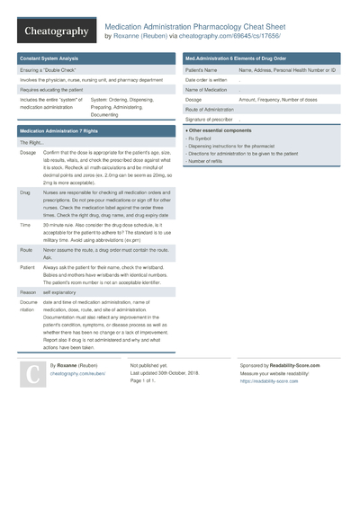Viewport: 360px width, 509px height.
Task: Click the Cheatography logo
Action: [x=55, y=31]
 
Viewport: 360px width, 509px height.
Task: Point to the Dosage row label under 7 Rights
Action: [x=28, y=153]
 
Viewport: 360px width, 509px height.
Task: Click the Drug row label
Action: [x=25, y=192]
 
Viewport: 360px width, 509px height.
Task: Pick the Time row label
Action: [x=25, y=225]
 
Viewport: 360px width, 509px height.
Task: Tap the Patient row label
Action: [x=29, y=268]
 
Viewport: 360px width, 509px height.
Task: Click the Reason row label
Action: [x=29, y=291]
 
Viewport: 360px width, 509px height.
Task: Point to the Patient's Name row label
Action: [x=202, y=69]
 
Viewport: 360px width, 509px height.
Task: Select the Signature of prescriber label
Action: [x=209, y=119]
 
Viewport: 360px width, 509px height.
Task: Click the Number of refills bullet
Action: [x=210, y=161]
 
